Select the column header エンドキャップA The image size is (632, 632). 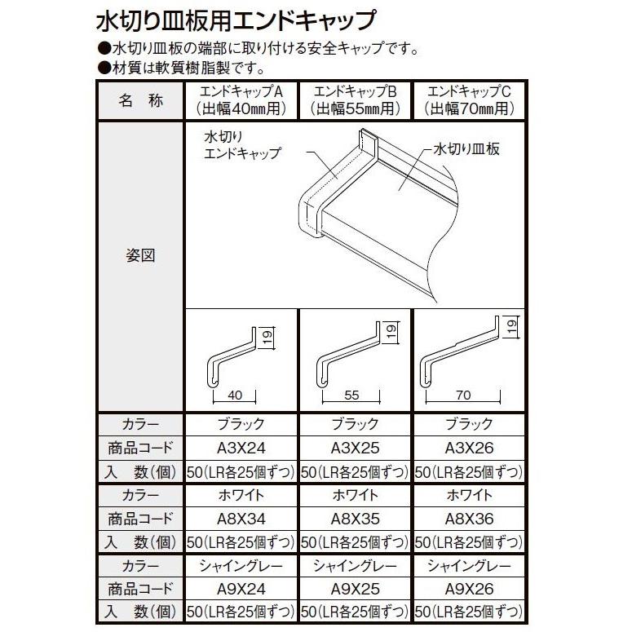[242, 91]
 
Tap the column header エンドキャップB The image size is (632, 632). [356, 91]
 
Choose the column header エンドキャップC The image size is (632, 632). [471, 91]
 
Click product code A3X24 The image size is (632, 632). [242, 448]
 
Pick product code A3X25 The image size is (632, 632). [356, 448]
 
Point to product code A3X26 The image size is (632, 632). [471, 448]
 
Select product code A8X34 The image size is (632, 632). [242, 518]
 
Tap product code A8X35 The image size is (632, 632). [356, 518]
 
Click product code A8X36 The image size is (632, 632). [471, 518]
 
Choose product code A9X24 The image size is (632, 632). [242, 589]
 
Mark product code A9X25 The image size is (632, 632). [356, 589]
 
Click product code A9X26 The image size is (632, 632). [471, 589]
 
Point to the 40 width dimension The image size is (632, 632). [235, 396]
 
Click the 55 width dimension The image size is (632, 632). [351, 396]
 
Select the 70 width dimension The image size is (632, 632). [463, 396]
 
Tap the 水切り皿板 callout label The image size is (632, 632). [466, 149]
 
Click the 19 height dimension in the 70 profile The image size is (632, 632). [510, 328]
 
